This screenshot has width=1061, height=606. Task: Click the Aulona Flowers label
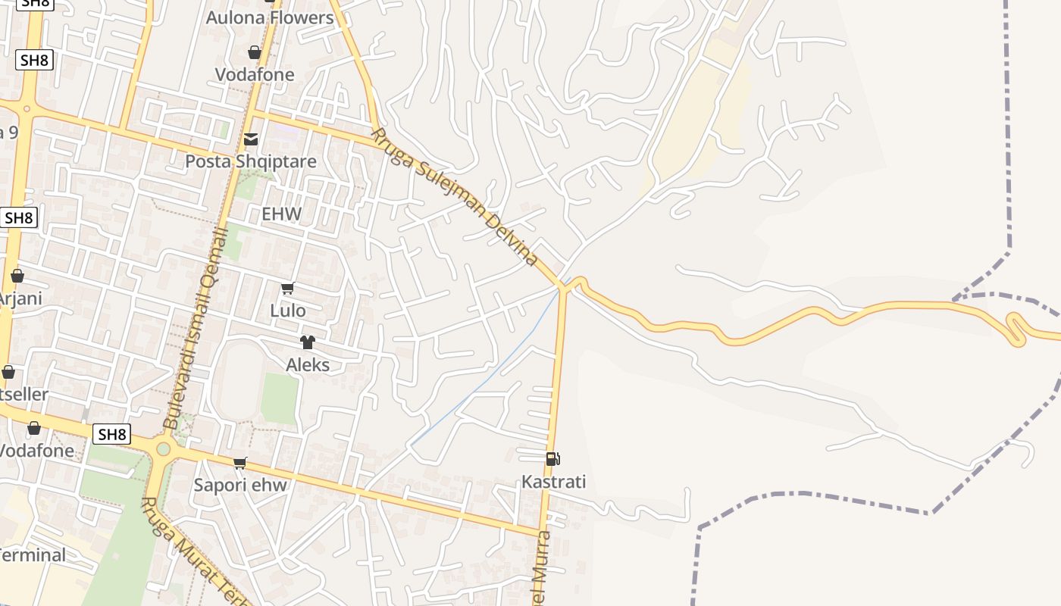click(x=270, y=17)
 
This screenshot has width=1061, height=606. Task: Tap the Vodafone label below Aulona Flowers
click(x=255, y=74)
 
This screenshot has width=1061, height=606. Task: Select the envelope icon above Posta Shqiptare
click(x=251, y=139)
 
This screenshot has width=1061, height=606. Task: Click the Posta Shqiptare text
click(x=251, y=161)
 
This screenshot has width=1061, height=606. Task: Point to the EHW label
click(x=281, y=214)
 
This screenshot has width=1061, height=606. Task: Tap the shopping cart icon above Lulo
click(x=287, y=289)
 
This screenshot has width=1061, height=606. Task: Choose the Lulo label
click(x=288, y=311)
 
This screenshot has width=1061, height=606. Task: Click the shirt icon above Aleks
click(x=307, y=342)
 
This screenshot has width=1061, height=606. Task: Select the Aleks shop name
click(x=308, y=365)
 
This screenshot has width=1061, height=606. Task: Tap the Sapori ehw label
click(x=240, y=485)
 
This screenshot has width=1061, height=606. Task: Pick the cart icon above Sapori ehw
click(x=240, y=463)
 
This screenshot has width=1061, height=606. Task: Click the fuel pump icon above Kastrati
click(x=553, y=458)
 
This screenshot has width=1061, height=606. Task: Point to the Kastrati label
click(x=553, y=482)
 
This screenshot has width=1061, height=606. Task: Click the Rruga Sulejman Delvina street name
click(x=455, y=197)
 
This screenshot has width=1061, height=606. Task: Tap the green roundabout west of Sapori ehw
click(x=163, y=449)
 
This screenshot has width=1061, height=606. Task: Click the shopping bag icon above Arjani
click(x=17, y=276)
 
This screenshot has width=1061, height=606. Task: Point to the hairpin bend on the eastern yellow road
click(x=1016, y=330)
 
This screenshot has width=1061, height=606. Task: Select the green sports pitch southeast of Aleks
click(x=280, y=398)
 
